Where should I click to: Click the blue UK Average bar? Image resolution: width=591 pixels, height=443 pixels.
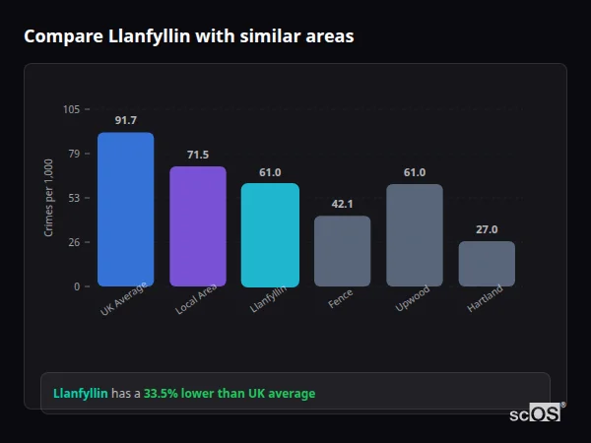(x=125, y=210)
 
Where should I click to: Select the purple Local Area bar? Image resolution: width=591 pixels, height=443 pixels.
(x=198, y=226)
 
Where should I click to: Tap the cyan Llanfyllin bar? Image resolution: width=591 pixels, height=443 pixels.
(x=270, y=235)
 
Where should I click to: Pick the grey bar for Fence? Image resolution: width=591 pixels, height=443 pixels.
(x=342, y=251)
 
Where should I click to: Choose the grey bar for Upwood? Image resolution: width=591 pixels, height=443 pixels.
(x=415, y=235)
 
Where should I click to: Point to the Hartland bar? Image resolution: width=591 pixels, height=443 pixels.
(x=487, y=264)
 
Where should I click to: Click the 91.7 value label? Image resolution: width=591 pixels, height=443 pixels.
(x=125, y=120)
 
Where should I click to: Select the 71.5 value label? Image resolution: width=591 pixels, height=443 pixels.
(x=198, y=155)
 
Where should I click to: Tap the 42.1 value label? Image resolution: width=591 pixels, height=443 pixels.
(x=342, y=204)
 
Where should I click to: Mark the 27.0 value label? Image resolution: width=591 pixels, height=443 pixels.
(x=487, y=229)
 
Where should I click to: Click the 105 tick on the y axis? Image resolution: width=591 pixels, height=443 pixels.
(x=71, y=109)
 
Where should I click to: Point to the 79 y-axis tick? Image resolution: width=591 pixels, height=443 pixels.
(x=74, y=154)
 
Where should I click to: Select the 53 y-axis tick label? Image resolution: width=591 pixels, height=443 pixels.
(x=74, y=198)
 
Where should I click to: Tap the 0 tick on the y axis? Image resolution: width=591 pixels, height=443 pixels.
(x=77, y=286)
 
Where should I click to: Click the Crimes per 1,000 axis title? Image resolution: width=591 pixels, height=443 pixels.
(x=49, y=198)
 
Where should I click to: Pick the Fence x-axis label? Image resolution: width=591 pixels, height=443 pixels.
(x=341, y=298)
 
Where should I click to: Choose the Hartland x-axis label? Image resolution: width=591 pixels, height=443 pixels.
(x=485, y=299)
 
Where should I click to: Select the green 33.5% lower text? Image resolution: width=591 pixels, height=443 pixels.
(x=230, y=394)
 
